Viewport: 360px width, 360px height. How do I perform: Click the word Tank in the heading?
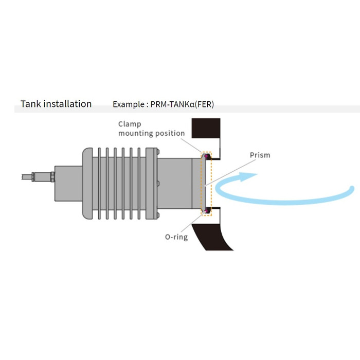[30, 104]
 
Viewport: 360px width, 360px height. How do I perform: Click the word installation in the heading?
[67, 104]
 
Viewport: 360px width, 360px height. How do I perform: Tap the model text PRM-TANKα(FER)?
[183, 104]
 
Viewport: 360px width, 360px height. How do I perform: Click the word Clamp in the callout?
[129, 124]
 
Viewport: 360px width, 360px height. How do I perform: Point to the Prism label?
[260, 155]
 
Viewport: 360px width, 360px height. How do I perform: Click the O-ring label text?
[176, 237]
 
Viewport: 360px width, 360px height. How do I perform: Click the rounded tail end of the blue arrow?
[351, 189]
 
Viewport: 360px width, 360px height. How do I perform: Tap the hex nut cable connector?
[52, 176]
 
